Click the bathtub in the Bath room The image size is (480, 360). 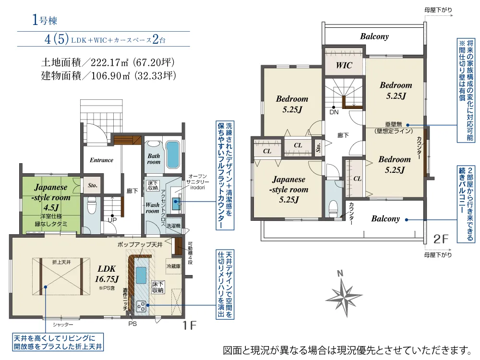click(173, 155)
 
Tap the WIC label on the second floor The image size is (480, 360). click(344, 65)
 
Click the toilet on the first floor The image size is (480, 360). click(92, 204)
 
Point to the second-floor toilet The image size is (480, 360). click(333, 208)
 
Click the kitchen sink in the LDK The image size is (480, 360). click(141, 275)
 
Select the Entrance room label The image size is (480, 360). click(101, 160)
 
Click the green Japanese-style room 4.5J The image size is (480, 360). click(51, 205)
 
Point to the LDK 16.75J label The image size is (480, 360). click(107, 274)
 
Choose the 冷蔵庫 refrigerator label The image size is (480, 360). click(174, 266)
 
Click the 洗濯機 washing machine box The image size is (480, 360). click(174, 226)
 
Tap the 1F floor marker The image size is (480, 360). click(190, 325)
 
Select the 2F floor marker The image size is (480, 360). click(441, 239)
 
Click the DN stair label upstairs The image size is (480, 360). click(334, 112)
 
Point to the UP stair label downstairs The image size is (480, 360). click(112, 220)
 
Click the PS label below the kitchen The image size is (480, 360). click(132, 324)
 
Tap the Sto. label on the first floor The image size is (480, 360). click(93, 185)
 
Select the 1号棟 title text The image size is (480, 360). click(45, 20)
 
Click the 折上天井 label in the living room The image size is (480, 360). click(61, 263)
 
